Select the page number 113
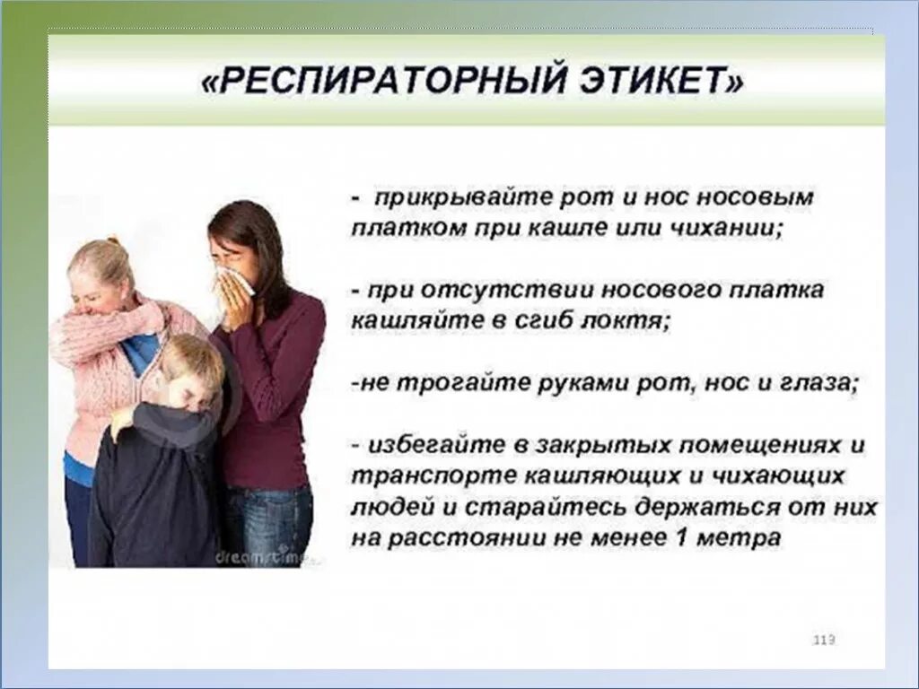pos(823,640)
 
